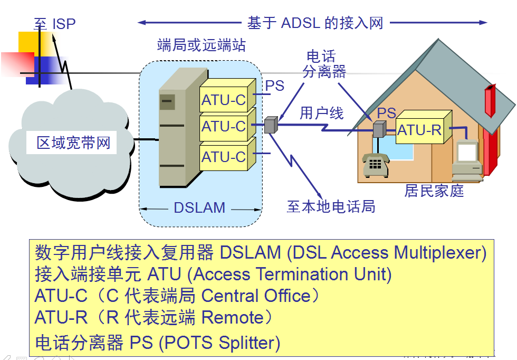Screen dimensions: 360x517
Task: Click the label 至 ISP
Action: pos(55,24)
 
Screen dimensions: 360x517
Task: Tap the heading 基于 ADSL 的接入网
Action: pos(315,23)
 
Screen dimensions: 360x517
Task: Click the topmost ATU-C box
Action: pos(224,100)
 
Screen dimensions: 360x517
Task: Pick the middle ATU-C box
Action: pos(224,127)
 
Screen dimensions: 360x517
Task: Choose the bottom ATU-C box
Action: pos(224,157)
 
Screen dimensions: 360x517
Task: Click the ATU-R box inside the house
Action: pos(419,130)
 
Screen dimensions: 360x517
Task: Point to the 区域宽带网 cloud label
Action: pos(73,143)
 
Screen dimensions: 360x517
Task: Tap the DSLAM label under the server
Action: pos(199,208)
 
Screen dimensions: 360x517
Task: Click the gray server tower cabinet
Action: pos(174,132)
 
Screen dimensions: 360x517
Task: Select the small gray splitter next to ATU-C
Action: pos(271,125)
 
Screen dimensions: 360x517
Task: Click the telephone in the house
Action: pos(375,164)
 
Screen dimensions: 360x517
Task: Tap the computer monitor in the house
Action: pos(468,153)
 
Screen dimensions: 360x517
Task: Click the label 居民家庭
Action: pos(434,191)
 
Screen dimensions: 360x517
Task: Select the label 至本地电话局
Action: pos(331,206)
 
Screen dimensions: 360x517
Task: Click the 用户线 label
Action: pos(321,113)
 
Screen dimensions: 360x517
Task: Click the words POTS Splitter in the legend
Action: pos(220,343)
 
